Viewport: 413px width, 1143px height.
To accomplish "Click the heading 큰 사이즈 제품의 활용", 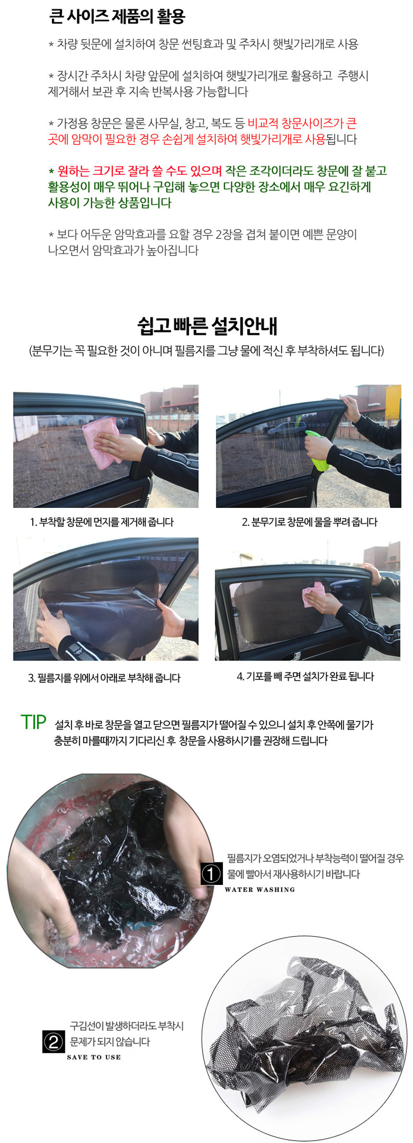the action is pos(117,17).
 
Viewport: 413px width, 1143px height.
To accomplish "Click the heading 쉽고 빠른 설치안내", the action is pos(207,326).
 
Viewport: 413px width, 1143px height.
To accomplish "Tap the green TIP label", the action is pos(33,722).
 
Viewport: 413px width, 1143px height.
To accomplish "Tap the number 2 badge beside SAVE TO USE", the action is pos(53,1042).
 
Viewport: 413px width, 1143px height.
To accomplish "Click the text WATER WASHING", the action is pos(260,889).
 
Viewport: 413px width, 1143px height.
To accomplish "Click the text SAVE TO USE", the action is pos(94,1057).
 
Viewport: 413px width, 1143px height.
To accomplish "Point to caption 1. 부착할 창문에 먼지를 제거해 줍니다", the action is pos(102,522).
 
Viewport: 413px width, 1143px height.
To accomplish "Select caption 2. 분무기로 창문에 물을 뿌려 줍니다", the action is pos(310,522).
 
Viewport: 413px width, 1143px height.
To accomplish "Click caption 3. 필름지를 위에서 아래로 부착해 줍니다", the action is pos(104,678).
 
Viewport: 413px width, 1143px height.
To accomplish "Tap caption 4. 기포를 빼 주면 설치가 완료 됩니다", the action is pos(305,676).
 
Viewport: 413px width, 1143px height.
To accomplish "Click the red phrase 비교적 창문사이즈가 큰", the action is pos(302,124).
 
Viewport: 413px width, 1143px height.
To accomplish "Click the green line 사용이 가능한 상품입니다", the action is pos(109,203).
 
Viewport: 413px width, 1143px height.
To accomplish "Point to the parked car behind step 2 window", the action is pos(285,429).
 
